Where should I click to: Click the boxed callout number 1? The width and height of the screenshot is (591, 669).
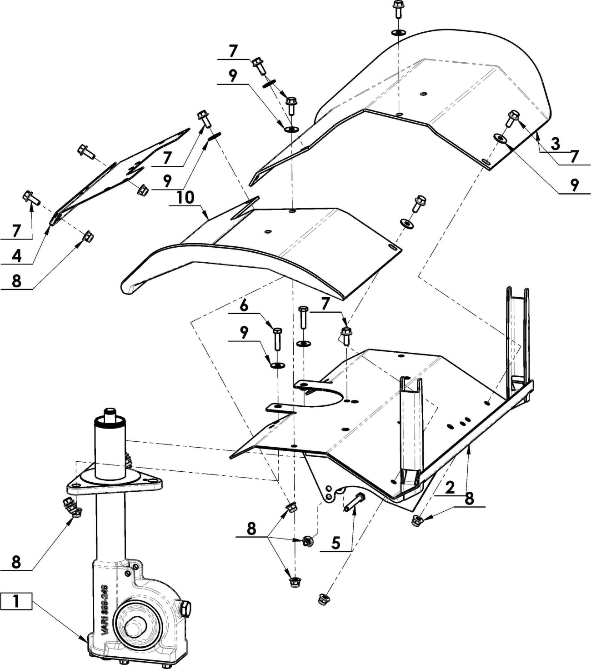point(16,601)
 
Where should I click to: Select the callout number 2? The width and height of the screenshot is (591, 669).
point(450,487)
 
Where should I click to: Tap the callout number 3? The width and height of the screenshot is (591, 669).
point(556,144)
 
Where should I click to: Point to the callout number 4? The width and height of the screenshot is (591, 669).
point(16,255)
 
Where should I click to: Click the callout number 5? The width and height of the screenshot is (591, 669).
point(336,543)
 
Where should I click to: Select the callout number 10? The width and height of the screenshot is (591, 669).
point(185,197)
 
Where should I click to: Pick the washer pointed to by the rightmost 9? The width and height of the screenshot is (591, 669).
point(500,138)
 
